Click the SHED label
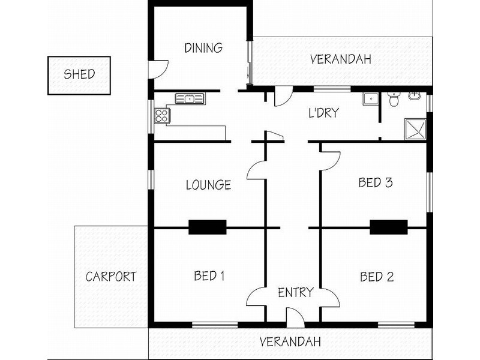coord(79,75)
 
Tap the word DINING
coord(203,48)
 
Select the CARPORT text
coord(111,277)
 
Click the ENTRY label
coord(295,293)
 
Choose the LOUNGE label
coord(208,185)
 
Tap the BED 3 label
coord(375,183)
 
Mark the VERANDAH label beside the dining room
coord(340,59)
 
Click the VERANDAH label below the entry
coord(290,342)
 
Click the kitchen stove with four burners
coord(161,115)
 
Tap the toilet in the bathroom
coord(394,100)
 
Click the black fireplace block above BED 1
coord(207,227)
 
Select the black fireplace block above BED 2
coord(388,227)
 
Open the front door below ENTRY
coord(295,318)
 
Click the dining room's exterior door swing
coord(157,69)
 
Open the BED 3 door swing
coord(331,159)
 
